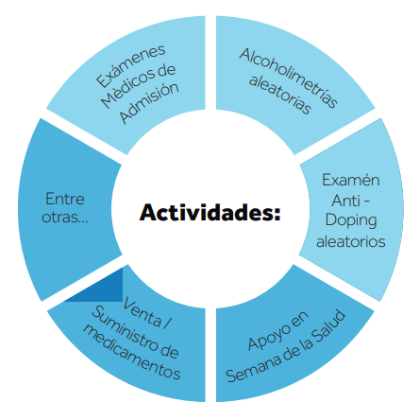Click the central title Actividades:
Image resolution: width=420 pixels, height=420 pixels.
210,212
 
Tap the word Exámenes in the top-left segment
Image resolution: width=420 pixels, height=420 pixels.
130,65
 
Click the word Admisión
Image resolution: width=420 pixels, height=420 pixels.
149,103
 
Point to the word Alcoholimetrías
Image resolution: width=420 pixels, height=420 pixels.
289,78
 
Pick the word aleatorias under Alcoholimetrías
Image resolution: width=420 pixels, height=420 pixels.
280,94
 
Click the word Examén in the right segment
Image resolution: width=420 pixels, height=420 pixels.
351,180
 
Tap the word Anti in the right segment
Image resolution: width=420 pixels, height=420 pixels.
345,201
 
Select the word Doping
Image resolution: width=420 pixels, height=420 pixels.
351,220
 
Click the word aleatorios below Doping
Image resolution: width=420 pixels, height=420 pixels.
351,241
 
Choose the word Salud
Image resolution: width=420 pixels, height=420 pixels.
329,327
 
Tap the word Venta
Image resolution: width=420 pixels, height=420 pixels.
143,313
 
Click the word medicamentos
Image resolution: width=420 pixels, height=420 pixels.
131,352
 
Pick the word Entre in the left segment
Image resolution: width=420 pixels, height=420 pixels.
65,199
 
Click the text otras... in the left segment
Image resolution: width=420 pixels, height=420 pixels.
65,217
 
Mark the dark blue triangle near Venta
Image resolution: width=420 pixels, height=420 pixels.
104,289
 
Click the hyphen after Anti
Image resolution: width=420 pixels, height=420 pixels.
366,201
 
